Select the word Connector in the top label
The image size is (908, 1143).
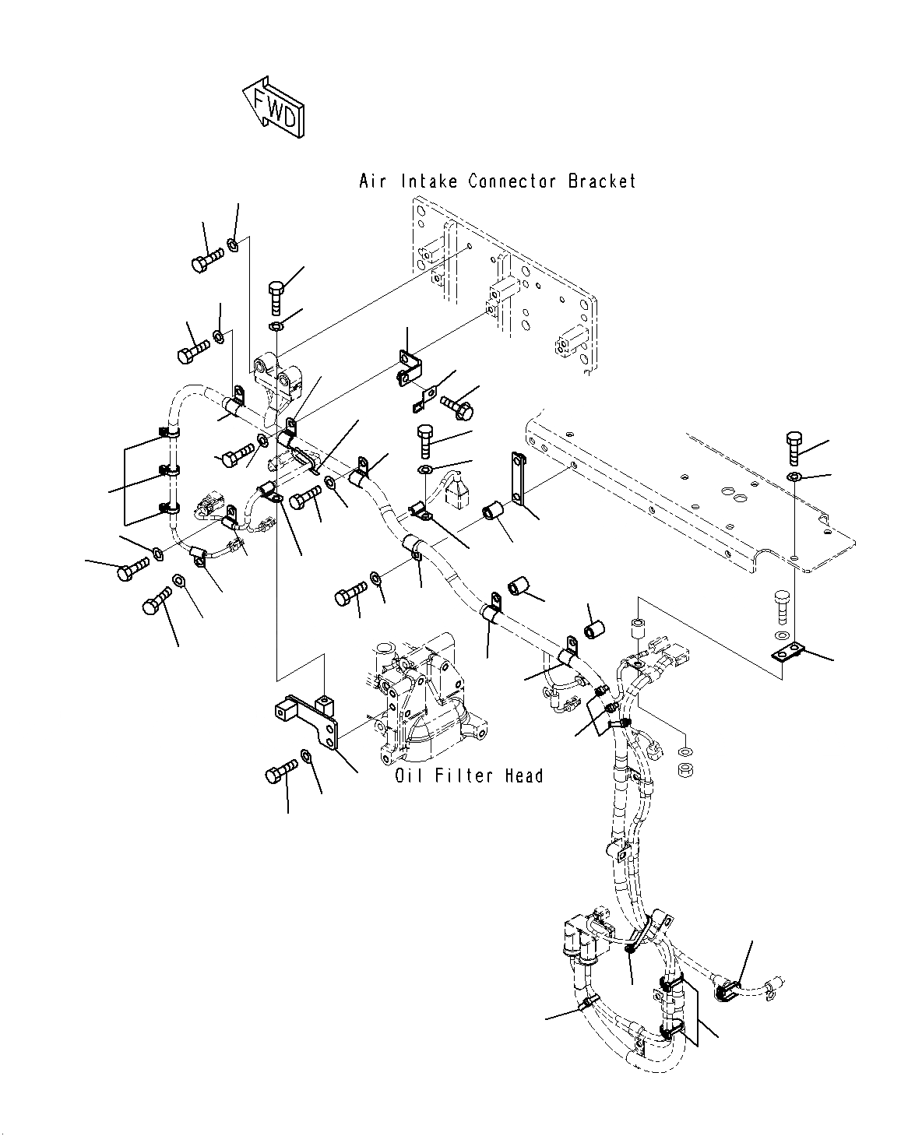pos(512,181)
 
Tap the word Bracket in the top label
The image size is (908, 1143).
pos(601,181)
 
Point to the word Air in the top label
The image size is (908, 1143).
pos(372,181)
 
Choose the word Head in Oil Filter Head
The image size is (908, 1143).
pos(524,776)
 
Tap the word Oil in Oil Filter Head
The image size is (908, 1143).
pos(409,776)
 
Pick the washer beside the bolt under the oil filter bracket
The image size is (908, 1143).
pos(305,756)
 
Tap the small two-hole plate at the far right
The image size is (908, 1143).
pos(788,652)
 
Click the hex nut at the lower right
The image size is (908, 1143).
pos(685,769)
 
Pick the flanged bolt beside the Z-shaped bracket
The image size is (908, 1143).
pos(457,407)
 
